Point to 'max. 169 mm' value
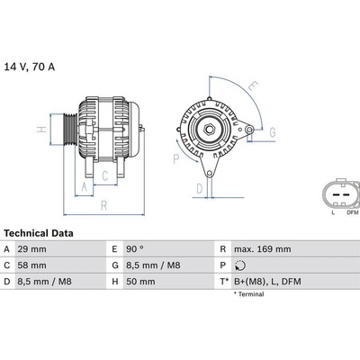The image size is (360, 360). (262, 248)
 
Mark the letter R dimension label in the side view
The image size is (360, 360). (105, 206)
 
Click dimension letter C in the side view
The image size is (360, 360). (104, 175)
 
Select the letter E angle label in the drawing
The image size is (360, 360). (254, 88)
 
